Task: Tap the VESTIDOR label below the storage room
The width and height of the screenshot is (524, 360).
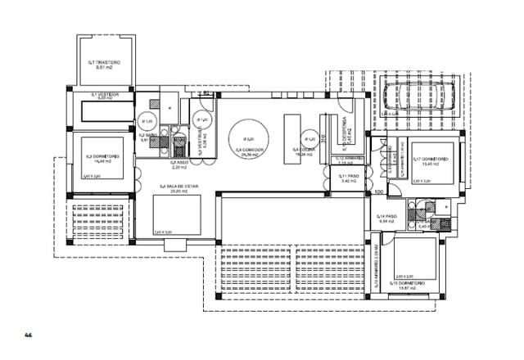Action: point(104,95)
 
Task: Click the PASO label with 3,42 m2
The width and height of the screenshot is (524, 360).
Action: point(349,177)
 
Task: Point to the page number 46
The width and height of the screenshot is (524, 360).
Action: point(28,335)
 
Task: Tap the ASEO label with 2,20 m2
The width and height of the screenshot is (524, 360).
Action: point(179,164)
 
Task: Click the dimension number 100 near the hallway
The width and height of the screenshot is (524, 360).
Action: point(378,191)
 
